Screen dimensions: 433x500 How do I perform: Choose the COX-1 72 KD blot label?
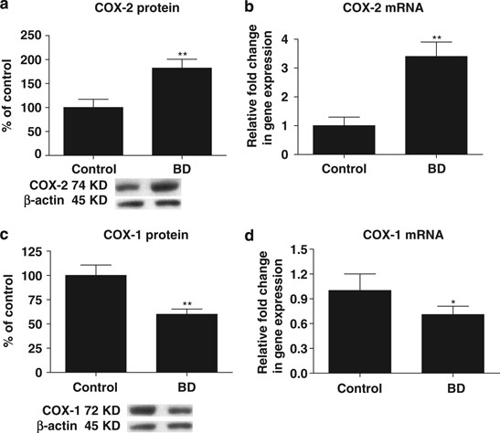(x=59, y=407)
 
